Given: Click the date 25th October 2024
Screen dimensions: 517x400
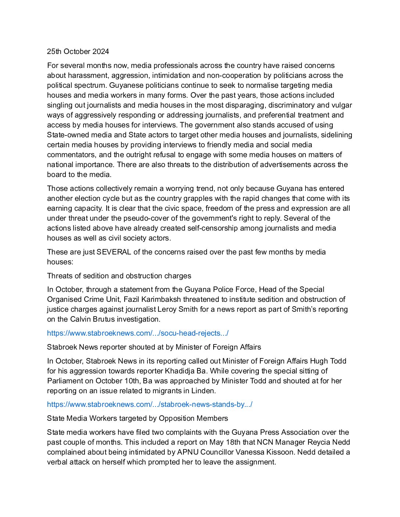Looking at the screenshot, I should pyautogui.click(x=78, y=51).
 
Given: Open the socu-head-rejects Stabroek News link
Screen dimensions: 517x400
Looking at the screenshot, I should pyautogui.click(x=137, y=333).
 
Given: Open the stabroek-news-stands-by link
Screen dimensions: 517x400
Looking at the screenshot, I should pyautogui.click(x=150, y=404).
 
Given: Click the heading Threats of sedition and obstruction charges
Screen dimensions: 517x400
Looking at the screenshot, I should pyautogui.click(x=119, y=276).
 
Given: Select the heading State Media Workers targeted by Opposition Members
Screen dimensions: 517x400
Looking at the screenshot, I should pyautogui.click(x=137, y=418).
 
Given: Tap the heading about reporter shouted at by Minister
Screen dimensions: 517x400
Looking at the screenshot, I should pyautogui.click(x=154, y=347).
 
